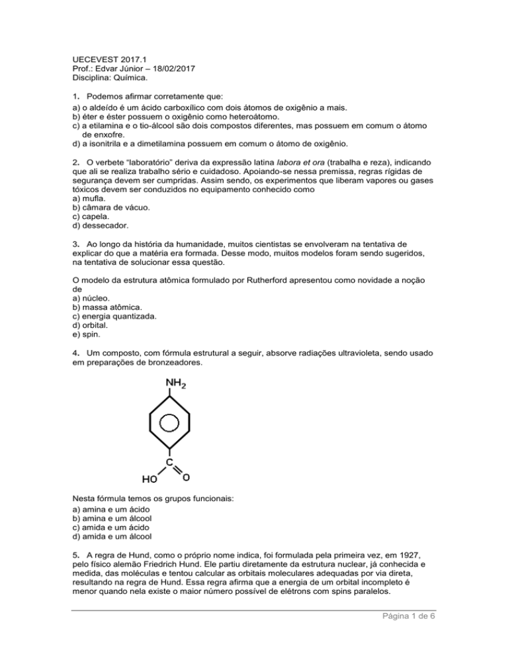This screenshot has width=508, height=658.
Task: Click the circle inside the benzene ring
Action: pyautogui.click(x=171, y=423)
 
